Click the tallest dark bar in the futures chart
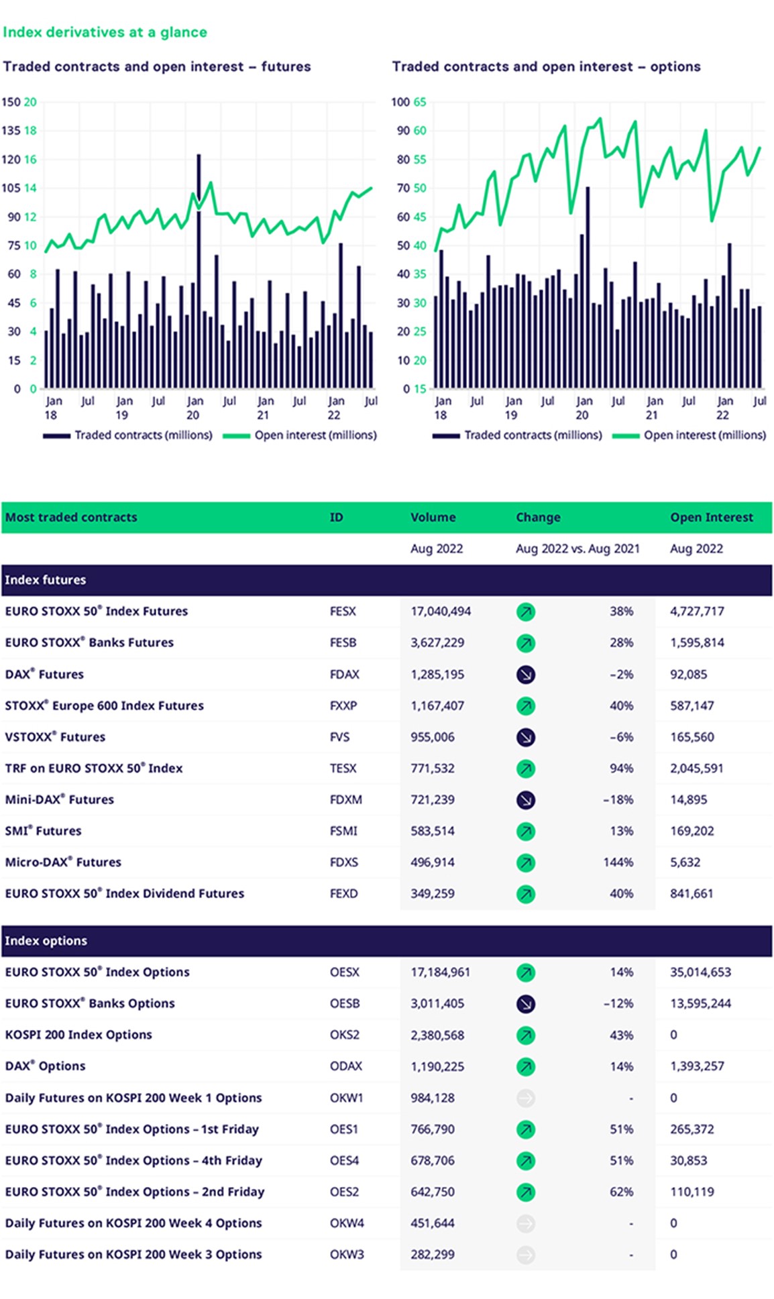point(199,272)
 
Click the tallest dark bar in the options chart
point(588,288)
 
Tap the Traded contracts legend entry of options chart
point(517,435)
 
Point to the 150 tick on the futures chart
point(11,102)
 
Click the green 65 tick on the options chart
point(420,102)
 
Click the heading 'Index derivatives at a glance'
point(105,32)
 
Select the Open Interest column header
point(711,517)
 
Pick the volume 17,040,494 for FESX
point(441,611)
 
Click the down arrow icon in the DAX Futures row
point(526,674)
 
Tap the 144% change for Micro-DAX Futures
point(618,862)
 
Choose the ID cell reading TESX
point(343,768)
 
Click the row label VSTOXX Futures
point(55,736)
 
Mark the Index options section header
point(46,940)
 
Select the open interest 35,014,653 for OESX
point(700,972)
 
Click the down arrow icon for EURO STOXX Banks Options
point(526,1003)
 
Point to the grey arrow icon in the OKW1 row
point(526,1098)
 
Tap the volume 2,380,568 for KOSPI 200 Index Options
point(437,1035)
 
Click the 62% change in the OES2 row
point(621,1192)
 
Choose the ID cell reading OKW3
point(347,1254)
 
